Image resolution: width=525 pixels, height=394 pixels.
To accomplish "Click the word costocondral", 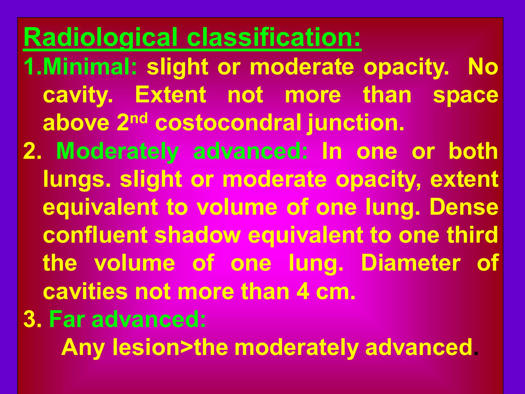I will click(228, 123).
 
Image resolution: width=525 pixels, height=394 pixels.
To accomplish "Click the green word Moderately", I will click(117, 151).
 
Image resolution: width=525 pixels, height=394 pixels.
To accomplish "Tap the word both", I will click(473, 151).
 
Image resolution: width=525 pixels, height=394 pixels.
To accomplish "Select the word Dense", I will click(464, 207).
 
